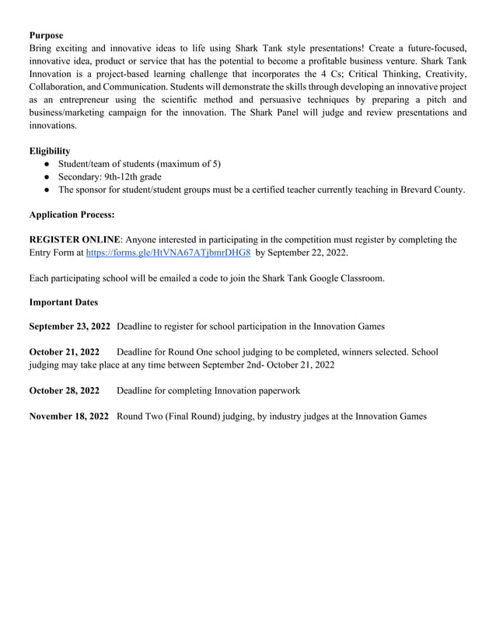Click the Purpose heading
click(x=46, y=35)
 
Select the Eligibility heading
click(x=49, y=151)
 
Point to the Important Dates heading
click(x=63, y=302)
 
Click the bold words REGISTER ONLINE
click(x=74, y=239)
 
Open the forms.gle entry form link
click(x=168, y=253)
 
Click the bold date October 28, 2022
click(x=64, y=390)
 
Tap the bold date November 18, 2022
click(x=68, y=417)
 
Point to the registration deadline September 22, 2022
click(x=309, y=253)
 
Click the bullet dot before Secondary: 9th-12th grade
click(x=48, y=176)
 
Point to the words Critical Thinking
click(x=382, y=74)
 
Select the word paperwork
click(x=276, y=390)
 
